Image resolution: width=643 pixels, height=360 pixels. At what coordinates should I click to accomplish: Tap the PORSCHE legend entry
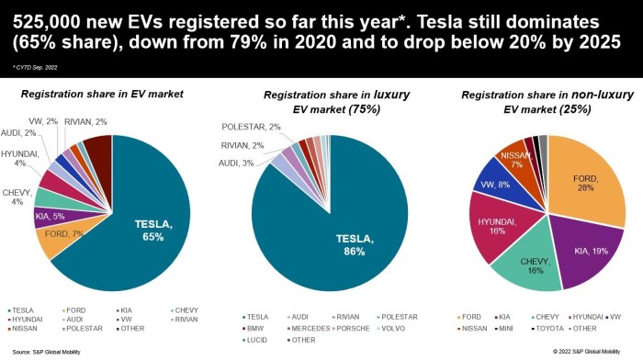point(359,328)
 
